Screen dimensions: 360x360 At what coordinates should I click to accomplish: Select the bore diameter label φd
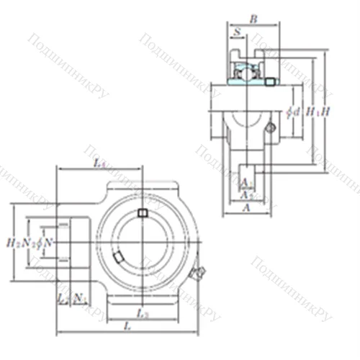292,112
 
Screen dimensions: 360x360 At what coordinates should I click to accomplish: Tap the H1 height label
311,112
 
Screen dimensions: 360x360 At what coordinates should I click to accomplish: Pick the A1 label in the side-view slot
246,181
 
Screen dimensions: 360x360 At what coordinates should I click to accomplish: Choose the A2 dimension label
246,194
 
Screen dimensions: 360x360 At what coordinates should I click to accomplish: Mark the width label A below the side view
246,207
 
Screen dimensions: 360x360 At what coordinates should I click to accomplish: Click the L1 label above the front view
100,164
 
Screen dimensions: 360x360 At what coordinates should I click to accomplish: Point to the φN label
45,242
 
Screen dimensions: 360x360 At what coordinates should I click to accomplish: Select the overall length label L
127,328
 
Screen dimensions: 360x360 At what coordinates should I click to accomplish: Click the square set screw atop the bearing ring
143,212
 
